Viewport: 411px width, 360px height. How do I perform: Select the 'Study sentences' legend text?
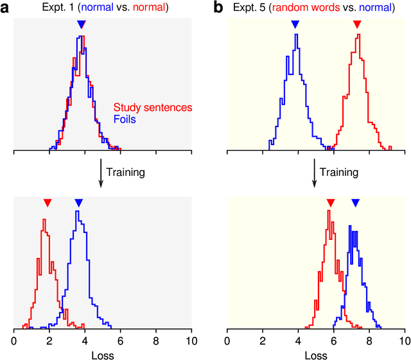tap(153, 108)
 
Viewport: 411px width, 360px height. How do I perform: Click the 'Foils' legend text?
tap(125, 119)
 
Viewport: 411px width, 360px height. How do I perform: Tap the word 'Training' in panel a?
tap(126, 172)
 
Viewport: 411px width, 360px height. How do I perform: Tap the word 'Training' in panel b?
tap(339, 172)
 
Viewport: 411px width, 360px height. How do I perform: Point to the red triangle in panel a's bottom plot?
tap(48, 203)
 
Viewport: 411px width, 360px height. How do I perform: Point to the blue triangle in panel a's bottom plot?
tap(78, 203)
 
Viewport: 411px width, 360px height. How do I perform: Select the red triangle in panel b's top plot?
tap(358, 24)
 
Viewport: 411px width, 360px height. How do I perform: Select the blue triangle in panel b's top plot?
tap(295, 24)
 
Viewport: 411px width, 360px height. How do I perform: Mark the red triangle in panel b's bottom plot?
tap(330, 203)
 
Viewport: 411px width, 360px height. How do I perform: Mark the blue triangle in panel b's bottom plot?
tap(355, 203)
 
